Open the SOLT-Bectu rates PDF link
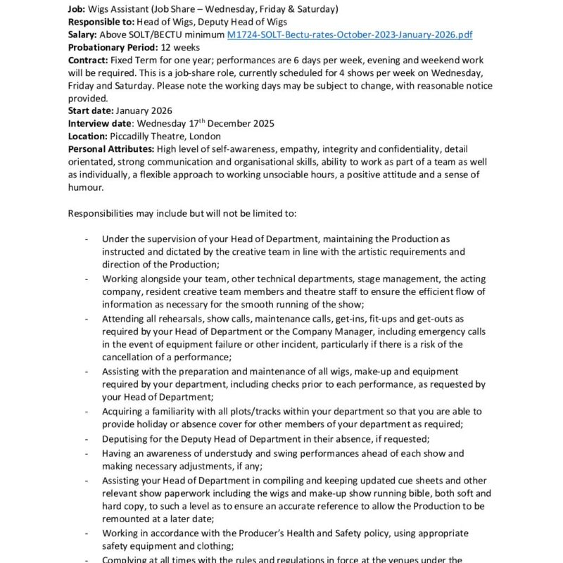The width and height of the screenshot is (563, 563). click(x=350, y=34)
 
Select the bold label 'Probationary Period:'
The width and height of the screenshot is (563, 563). click(x=113, y=47)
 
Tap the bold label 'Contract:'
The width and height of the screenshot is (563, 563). click(x=88, y=60)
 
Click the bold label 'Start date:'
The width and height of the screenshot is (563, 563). click(x=91, y=110)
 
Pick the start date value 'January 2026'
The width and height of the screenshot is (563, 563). click(x=144, y=110)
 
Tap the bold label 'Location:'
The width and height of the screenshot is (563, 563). click(x=88, y=136)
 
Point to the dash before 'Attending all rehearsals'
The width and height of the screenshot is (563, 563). click(x=87, y=318)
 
